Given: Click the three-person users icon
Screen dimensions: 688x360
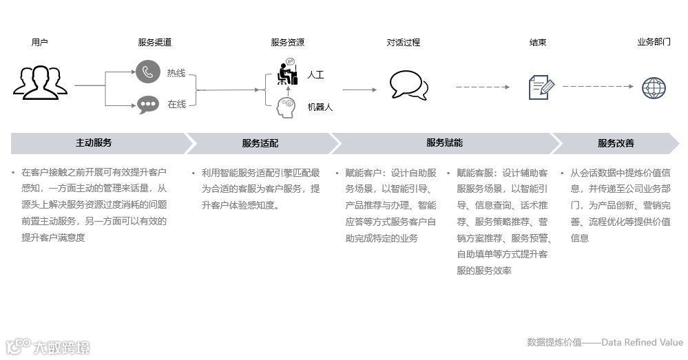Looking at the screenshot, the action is click(x=40, y=82).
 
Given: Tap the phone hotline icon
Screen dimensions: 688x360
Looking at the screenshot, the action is click(x=147, y=73).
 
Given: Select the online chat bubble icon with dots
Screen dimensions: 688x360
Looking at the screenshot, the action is click(x=147, y=104).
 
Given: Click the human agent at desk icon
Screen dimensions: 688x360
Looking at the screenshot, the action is click(x=286, y=72).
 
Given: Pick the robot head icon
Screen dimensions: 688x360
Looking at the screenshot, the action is click(x=285, y=106).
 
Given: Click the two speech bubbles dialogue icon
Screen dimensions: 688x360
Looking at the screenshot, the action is click(x=408, y=85).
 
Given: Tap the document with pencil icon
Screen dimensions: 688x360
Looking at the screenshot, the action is click(x=541, y=87).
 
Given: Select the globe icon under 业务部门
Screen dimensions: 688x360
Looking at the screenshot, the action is click(x=654, y=87).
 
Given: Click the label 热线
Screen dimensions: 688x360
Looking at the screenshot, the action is click(x=176, y=74).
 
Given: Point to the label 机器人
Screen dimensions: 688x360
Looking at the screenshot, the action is click(x=320, y=107).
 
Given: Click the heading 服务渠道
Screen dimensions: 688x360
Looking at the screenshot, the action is click(x=155, y=43).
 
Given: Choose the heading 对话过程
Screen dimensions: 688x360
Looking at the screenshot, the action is click(x=403, y=43).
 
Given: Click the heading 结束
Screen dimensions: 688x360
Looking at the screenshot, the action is click(x=538, y=43).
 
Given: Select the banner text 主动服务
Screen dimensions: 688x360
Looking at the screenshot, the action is click(x=94, y=143).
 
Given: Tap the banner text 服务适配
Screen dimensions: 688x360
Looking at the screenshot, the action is click(x=260, y=143).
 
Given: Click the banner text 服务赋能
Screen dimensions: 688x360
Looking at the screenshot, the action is click(x=444, y=143).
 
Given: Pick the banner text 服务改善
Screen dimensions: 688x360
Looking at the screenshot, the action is click(x=616, y=143).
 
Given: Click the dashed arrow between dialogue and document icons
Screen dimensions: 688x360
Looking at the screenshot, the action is click(x=482, y=87).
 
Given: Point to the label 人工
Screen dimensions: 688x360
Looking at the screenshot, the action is click(x=315, y=74).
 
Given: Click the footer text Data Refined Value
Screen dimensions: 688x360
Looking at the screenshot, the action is click(x=643, y=342).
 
